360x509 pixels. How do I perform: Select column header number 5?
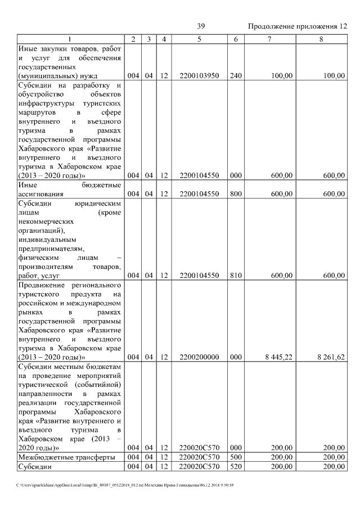pyautogui.click(x=199, y=39)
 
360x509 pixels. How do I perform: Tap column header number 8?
pyautogui.click(x=321, y=39)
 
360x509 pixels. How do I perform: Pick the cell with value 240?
pyautogui.click(x=236, y=75)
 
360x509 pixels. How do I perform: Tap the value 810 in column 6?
pyautogui.click(x=236, y=276)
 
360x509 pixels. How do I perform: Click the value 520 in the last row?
pyautogui.click(x=236, y=466)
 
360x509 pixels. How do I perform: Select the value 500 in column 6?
pyautogui.click(x=236, y=457)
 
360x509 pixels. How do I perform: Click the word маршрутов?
pyautogui.click(x=37, y=112)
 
